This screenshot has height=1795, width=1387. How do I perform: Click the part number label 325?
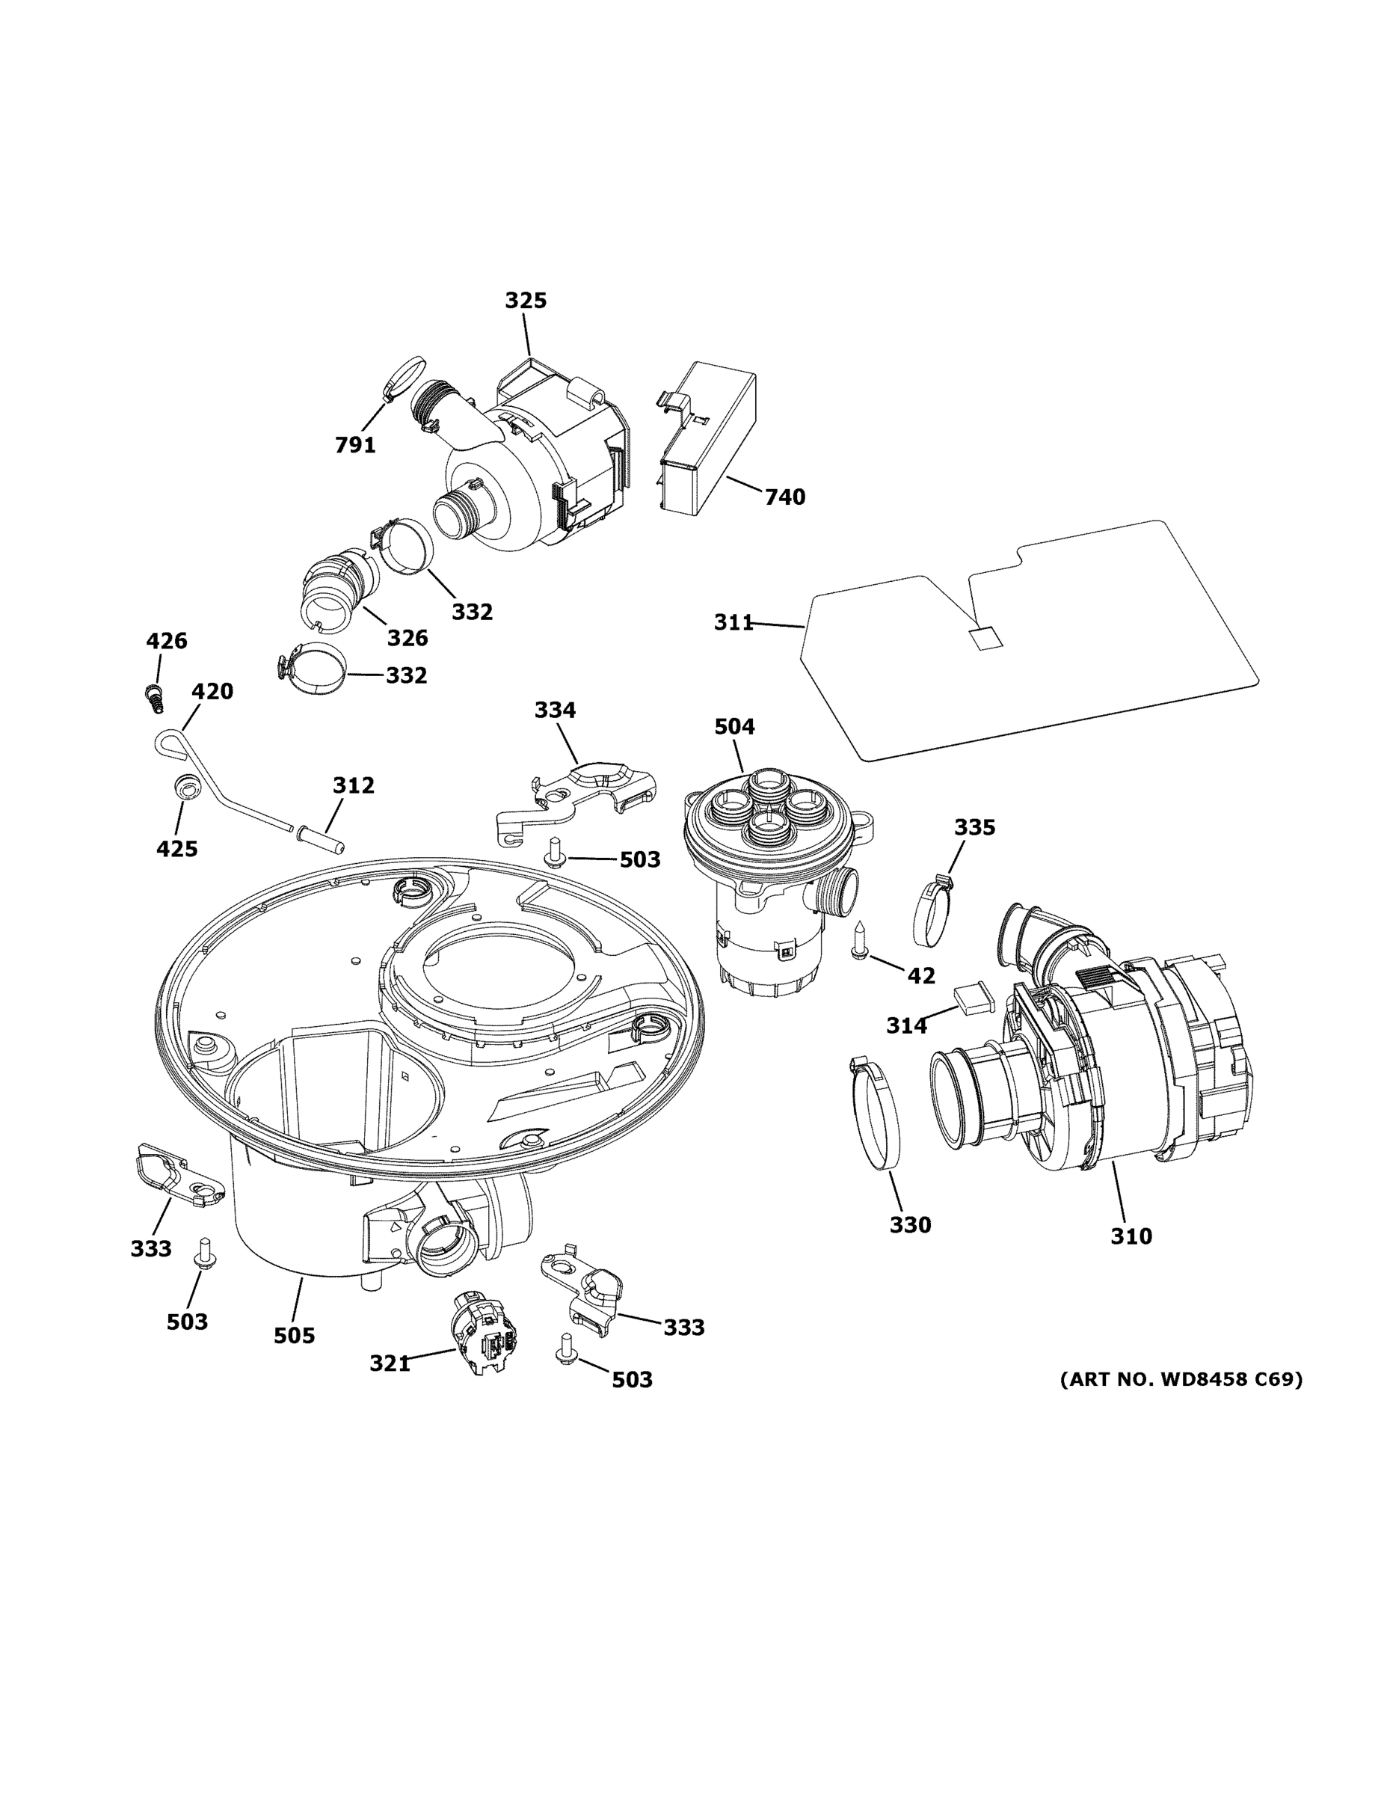(x=525, y=301)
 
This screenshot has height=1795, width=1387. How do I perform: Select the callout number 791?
(x=355, y=445)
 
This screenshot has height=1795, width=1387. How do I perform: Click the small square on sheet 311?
(x=985, y=637)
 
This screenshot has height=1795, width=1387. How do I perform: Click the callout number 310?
(x=1131, y=1258)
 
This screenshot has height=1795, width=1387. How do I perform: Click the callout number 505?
(x=294, y=1336)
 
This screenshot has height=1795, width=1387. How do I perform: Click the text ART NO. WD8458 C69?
(x=1180, y=1378)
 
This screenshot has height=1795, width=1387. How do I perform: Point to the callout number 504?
(x=734, y=726)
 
